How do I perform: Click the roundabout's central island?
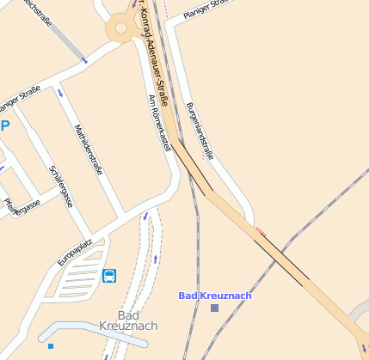click(121, 28)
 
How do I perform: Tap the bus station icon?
click(110, 276)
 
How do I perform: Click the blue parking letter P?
click(4, 125)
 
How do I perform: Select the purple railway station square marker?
click(214, 308)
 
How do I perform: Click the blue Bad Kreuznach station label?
click(214, 296)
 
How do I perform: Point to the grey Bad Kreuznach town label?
click(128, 320)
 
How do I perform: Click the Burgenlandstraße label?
click(200, 131)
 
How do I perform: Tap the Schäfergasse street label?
click(59, 186)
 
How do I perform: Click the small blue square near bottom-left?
click(51, 346)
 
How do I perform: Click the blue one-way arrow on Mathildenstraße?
click(60, 93)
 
